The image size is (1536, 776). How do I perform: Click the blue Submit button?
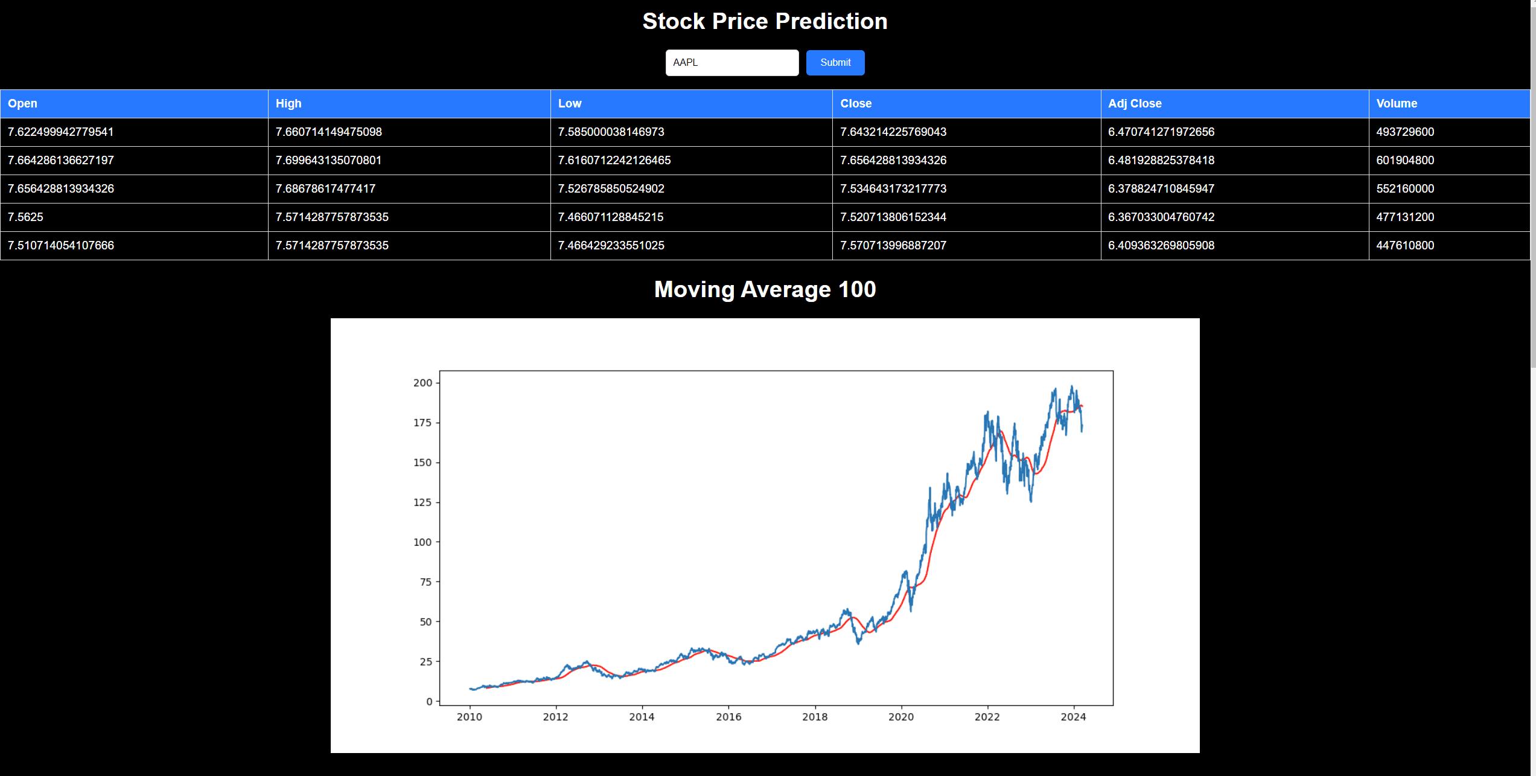(835, 63)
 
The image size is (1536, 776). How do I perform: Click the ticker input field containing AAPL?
(731, 63)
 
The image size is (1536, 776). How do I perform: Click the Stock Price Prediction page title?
(765, 22)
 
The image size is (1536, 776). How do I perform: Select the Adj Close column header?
(1135, 104)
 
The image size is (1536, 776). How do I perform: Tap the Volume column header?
(1396, 104)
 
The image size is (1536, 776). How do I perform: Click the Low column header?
(569, 104)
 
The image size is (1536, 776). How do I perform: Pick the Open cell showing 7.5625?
(26, 217)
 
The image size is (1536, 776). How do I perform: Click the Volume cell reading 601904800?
(1404, 161)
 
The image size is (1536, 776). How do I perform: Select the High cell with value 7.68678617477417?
(325, 189)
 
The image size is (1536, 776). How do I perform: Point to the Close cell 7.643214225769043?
(893, 132)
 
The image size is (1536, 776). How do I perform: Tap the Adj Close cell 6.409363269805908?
(1161, 246)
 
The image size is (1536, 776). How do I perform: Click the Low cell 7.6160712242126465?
(614, 161)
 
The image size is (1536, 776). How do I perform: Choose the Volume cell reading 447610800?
(1404, 246)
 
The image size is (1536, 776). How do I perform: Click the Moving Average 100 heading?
(765, 290)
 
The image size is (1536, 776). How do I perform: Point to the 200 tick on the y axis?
(422, 383)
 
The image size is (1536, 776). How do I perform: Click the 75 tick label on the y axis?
(425, 582)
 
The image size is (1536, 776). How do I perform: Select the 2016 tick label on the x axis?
(728, 717)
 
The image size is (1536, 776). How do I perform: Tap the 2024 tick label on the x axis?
(1073, 717)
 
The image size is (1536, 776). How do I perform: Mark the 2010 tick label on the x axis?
(469, 717)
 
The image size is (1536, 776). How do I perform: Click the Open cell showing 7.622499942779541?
(60, 132)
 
